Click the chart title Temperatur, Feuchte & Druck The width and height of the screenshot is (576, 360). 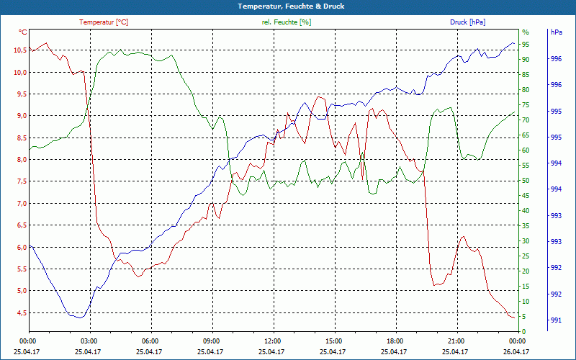click(288, 6)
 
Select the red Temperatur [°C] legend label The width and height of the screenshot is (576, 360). click(104, 22)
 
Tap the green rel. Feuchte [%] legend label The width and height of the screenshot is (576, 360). click(287, 22)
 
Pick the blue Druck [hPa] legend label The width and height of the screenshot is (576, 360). click(467, 22)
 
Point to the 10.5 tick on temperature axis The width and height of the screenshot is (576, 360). click(19, 50)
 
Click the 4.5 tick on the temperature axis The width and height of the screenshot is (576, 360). click(20, 312)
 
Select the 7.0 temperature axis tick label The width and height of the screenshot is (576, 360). click(20, 204)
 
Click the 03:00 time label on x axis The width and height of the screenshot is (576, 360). click(89, 341)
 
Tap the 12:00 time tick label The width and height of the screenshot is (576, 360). click(273, 341)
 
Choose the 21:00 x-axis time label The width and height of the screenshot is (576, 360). click(456, 341)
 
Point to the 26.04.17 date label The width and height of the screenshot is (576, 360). click(518, 351)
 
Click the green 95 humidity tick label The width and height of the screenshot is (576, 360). click(526, 45)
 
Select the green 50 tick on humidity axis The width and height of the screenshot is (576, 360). click(526, 181)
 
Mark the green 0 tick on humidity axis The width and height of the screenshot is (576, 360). click(524, 332)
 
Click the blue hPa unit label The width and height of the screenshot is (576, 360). click(556, 32)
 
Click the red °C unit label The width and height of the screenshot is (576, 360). click(23, 32)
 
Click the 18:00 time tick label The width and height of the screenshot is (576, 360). click(395, 341)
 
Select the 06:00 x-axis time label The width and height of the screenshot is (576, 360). click(150, 341)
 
